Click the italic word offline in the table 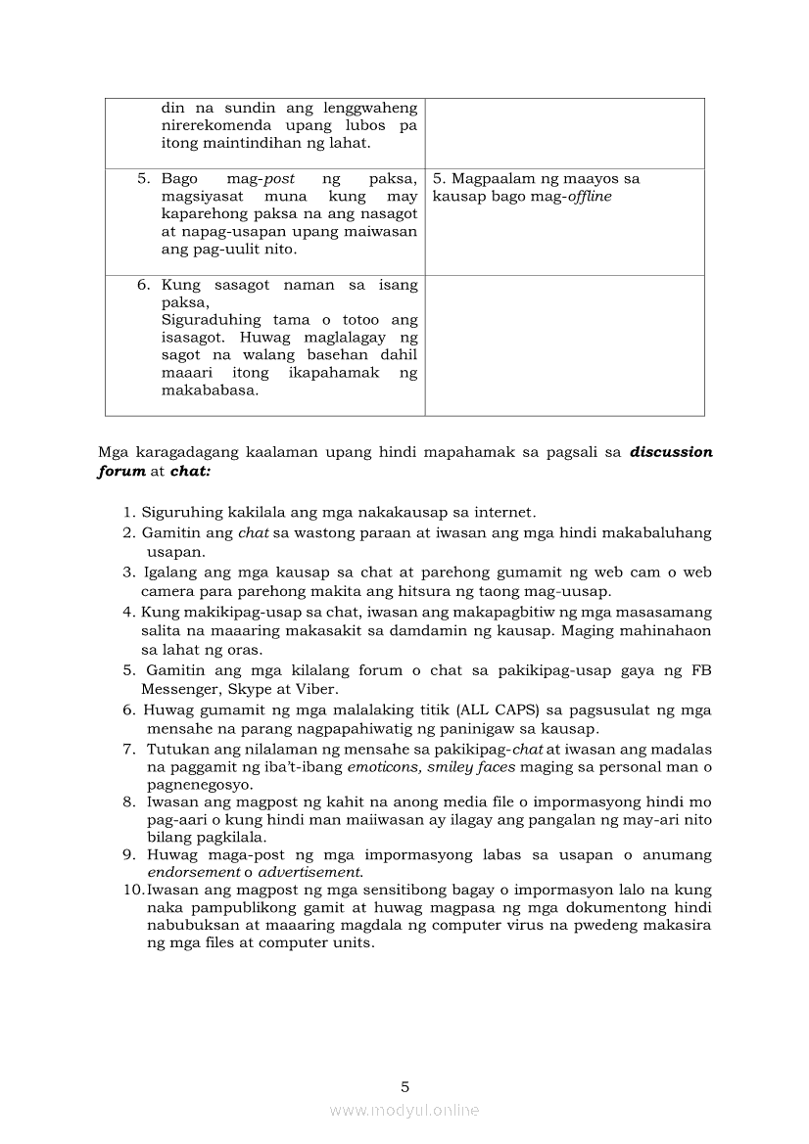(590, 197)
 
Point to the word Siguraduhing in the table (211, 320)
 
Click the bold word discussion (671, 452)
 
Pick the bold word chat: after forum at (190, 470)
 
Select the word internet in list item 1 (502, 512)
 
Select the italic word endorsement (194, 872)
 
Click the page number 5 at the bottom (404, 1086)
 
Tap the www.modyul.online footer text (404, 1110)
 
